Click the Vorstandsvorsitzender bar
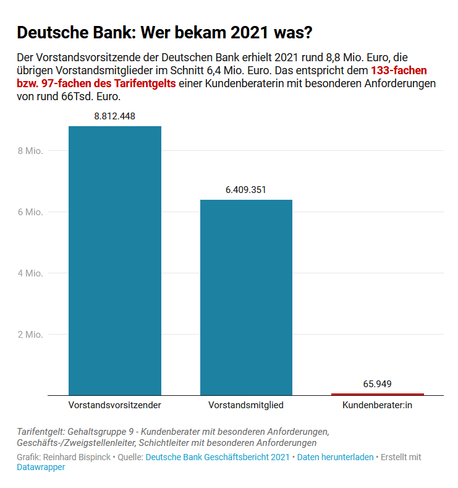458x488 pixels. (x=115, y=260)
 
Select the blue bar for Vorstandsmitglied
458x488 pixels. (x=246, y=297)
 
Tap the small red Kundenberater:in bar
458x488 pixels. (x=378, y=394)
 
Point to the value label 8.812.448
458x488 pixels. (x=115, y=116)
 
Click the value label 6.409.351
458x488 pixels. (x=246, y=190)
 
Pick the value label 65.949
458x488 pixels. (x=378, y=384)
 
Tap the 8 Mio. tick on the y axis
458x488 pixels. (x=30, y=151)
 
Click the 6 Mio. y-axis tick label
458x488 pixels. (x=30, y=212)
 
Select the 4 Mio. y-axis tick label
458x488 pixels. (x=30, y=273)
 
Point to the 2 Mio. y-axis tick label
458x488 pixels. (x=30, y=335)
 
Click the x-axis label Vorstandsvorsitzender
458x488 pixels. (x=115, y=406)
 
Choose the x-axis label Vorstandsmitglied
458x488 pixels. (x=246, y=406)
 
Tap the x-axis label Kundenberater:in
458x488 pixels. (x=378, y=406)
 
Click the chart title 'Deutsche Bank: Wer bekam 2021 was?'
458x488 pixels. (x=164, y=32)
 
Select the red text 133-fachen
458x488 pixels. (x=399, y=71)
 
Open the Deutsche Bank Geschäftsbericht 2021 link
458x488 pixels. (x=218, y=457)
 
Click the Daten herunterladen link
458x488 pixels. (x=335, y=457)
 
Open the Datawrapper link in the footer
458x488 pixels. (x=41, y=468)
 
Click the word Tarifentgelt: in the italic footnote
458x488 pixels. (x=39, y=431)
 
